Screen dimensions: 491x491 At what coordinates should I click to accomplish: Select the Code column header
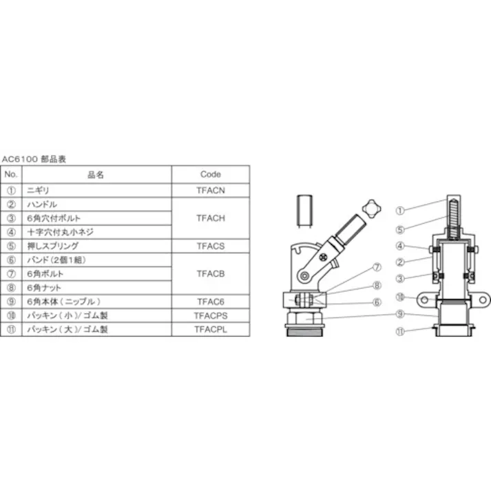point(211,174)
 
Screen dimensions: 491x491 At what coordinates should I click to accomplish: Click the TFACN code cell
point(211,188)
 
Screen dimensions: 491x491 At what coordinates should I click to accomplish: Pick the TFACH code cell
point(211,218)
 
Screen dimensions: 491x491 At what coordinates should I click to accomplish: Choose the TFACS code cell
point(211,246)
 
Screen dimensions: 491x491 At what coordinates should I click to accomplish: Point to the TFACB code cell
point(211,273)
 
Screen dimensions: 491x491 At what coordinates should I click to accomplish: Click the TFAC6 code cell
point(211,301)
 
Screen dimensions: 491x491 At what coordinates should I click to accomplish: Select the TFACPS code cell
point(211,315)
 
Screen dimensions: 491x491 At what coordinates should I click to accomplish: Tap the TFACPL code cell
point(211,329)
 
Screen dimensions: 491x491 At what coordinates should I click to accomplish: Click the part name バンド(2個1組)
point(56,260)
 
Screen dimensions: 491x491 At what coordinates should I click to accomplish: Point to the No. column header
point(11,174)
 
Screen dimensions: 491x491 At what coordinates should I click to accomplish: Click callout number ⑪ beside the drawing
point(401,331)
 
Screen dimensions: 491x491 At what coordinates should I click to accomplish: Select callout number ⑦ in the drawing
point(378,267)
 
